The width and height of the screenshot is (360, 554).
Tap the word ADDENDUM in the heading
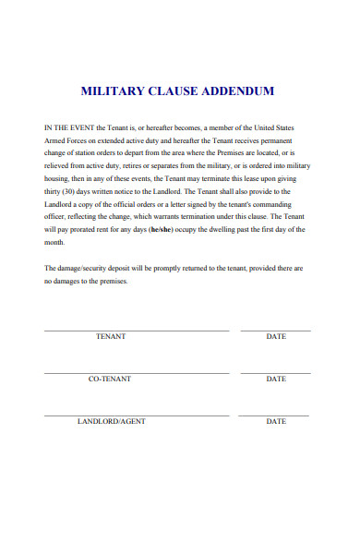236,91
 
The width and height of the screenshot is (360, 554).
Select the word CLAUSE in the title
171,91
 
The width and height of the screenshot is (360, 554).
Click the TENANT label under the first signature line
111,336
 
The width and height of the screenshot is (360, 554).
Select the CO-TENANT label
110,379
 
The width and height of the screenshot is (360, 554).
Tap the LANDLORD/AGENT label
111,421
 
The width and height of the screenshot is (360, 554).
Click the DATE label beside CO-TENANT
276,379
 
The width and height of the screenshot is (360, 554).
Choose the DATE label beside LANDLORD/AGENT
276,421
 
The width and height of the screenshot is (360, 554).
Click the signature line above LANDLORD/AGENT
137,415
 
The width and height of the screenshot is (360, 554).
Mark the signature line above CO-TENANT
137,372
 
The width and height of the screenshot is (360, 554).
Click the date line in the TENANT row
276,330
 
